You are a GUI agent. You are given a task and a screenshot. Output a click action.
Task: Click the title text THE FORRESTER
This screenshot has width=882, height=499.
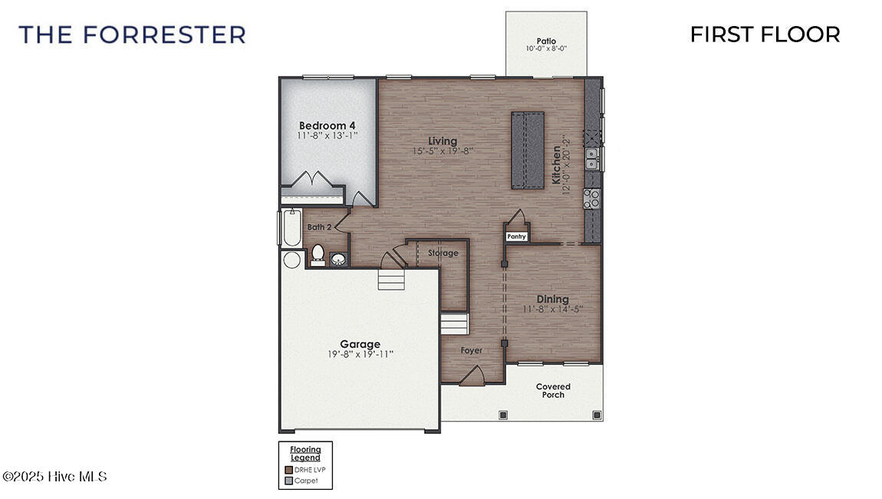(132, 34)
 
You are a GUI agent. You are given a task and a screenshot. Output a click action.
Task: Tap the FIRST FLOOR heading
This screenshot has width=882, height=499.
(764, 34)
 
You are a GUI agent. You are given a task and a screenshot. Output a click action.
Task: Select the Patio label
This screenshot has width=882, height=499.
(545, 41)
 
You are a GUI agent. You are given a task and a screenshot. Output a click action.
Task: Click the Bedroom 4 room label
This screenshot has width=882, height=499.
(327, 126)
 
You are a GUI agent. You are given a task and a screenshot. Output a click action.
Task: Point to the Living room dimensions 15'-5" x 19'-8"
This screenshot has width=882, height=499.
(443, 152)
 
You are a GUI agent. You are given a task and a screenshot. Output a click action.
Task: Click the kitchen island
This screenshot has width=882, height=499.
(528, 149)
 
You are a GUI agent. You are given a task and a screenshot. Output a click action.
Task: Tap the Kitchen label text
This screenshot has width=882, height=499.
(557, 162)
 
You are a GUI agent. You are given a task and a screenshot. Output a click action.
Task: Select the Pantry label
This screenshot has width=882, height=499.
(516, 237)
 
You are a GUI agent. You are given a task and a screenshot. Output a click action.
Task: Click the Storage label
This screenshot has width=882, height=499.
(443, 253)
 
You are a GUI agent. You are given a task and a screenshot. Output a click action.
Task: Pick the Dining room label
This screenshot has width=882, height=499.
(552, 299)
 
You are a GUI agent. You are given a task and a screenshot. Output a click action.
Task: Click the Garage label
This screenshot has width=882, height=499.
(360, 344)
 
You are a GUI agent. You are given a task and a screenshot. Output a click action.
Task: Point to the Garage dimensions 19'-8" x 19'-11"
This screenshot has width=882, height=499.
(360, 354)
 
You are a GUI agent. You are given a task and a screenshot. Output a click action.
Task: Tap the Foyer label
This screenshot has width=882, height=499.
(471, 350)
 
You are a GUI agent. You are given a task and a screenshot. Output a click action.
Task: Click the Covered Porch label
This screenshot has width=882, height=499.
(553, 391)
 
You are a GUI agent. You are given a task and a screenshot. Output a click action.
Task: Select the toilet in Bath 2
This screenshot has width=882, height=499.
(317, 254)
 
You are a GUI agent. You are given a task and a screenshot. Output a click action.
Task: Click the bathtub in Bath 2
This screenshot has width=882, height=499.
(291, 227)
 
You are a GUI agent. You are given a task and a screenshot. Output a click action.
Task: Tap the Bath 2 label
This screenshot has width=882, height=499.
(319, 227)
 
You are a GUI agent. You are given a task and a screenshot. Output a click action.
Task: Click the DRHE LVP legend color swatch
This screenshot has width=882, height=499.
(288, 470)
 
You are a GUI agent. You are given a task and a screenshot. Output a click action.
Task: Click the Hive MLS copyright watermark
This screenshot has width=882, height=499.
(55, 477)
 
